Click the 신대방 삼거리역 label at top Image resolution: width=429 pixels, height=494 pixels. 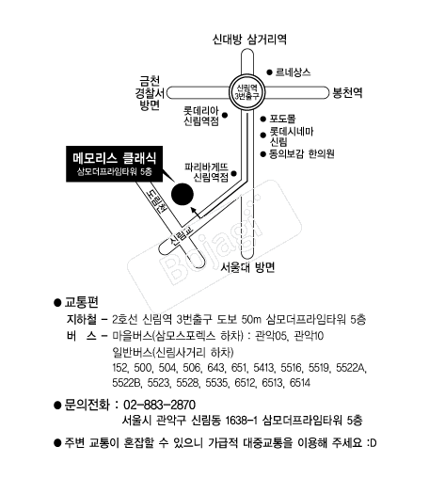[x=249, y=40]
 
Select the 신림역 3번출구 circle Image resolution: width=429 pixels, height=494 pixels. [x=246, y=92]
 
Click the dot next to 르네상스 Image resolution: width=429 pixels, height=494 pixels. [x=269, y=72]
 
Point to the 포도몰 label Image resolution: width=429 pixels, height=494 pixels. [x=282, y=119]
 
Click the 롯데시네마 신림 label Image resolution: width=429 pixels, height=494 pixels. [x=292, y=136]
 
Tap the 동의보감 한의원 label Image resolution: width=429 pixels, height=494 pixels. [x=301, y=154]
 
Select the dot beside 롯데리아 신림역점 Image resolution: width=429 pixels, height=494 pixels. [x=225, y=116]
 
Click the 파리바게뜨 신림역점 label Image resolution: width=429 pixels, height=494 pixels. [x=206, y=172]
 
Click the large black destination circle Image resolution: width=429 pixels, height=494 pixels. [x=183, y=194]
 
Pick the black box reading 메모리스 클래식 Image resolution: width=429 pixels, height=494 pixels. [x=115, y=164]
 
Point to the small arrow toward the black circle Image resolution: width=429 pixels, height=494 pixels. [x=196, y=213]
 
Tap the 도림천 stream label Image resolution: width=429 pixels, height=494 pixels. [x=156, y=201]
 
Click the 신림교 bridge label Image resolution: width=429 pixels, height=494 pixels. [x=181, y=237]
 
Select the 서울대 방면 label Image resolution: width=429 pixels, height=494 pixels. [x=247, y=267]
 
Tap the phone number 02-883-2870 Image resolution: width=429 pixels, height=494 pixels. [x=159, y=405]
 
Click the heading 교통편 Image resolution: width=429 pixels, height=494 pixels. [x=81, y=302]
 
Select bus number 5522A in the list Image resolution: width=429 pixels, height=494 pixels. [x=351, y=368]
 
